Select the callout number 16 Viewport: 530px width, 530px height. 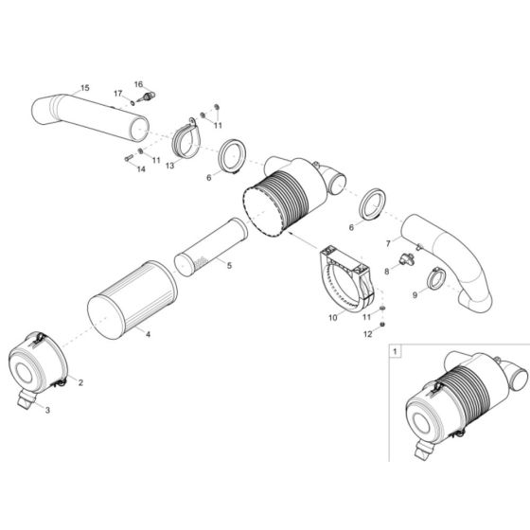tap(137, 84)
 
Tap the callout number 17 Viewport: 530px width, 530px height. tap(118, 93)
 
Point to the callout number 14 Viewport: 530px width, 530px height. tap(140, 169)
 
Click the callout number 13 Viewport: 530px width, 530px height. tap(169, 164)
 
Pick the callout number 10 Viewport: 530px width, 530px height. tap(331, 319)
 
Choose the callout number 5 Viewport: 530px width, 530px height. tap(227, 265)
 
